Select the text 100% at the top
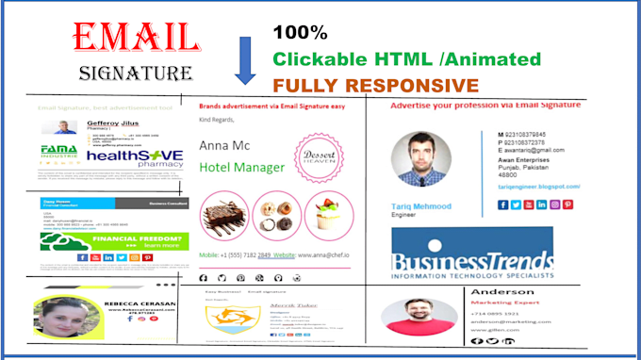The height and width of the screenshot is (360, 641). [x=300, y=32]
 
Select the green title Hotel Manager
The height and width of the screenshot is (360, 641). [x=241, y=168]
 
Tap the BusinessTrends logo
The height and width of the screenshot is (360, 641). [x=471, y=252]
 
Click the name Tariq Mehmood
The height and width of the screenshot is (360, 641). [x=420, y=205]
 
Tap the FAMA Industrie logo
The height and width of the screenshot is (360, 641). [x=58, y=153]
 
